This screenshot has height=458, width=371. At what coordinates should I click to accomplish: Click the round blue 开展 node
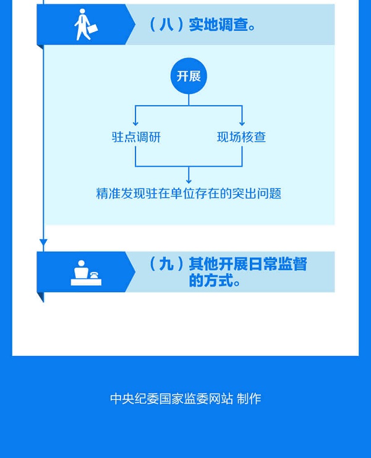pos(189,77)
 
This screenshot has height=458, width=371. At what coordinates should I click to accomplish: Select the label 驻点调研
pos(136,137)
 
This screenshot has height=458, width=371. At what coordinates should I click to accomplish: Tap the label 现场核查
pos(241,137)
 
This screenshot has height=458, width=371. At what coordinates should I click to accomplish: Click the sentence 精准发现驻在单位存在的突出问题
pos(189,193)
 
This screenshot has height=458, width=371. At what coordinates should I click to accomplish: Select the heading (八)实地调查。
pos(203,25)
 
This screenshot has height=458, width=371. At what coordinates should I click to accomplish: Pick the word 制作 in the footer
pos(249,399)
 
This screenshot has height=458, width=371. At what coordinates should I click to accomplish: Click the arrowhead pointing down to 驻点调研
pos(135,124)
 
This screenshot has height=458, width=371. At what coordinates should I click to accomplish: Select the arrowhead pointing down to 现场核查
pos(242,124)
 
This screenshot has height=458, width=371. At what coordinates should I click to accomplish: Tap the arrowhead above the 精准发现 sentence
pos(189,180)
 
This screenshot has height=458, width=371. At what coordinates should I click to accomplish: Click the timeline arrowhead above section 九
pos(43,242)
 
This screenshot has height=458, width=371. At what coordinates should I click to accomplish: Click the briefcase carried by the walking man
pos(92,29)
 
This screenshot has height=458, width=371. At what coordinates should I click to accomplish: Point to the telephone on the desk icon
pos(95,275)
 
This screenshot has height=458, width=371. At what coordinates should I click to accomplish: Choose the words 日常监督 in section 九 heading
pos(279,265)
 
